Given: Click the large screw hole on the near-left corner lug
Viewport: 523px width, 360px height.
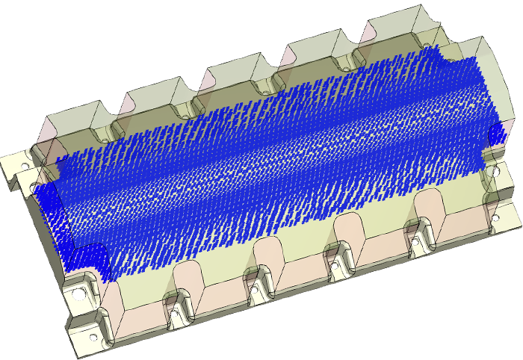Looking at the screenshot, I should pyautogui.click(x=77, y=292).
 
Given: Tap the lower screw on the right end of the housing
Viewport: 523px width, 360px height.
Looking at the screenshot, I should pyautogui.click(x=494, y=216).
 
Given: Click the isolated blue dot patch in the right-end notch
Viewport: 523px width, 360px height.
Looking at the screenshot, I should pyautogui.click(x=496, y=134).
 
